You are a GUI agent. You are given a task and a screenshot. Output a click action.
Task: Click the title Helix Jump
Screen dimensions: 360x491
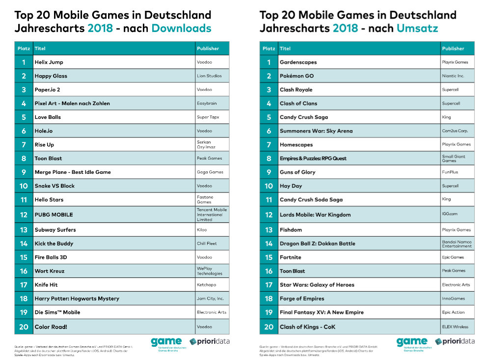(x=49, y=62)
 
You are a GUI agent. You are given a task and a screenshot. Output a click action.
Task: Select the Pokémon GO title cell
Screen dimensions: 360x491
(x=297, y=76)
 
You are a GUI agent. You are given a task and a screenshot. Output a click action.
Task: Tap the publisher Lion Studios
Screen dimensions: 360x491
(x=209, y=76)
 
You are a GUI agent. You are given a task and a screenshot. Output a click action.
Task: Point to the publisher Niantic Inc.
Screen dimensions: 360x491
(x=453, y=76)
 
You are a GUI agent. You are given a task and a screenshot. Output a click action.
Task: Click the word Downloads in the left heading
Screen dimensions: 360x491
(x=181, y=28)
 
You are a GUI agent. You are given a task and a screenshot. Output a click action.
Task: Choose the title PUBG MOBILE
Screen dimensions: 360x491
(x=54, y=215)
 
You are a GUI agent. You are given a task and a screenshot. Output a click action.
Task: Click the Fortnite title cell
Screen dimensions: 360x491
(x=290, y=257)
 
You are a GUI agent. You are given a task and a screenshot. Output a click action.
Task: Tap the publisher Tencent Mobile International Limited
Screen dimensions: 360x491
(x=212, y=215)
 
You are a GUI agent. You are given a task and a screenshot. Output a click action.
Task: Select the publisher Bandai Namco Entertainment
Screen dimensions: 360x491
(x=457, y=244)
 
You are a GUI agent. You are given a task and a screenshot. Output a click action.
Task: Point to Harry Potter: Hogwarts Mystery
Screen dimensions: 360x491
(x=77, y=299)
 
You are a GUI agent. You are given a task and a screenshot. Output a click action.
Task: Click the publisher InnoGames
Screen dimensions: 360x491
(x=454, y=299)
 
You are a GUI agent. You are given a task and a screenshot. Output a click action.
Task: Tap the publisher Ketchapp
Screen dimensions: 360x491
(x=206, y=285)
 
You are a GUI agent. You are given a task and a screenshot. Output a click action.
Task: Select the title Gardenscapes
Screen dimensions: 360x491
(x=298, y=62)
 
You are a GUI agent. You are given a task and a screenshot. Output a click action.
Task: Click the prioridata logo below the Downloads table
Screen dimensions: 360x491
(x=210, y=341)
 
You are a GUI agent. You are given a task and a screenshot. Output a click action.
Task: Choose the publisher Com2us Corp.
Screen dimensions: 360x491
(x=454, y=131)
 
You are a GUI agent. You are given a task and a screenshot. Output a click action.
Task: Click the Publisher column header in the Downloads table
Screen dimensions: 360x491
(x=208, y=49)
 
